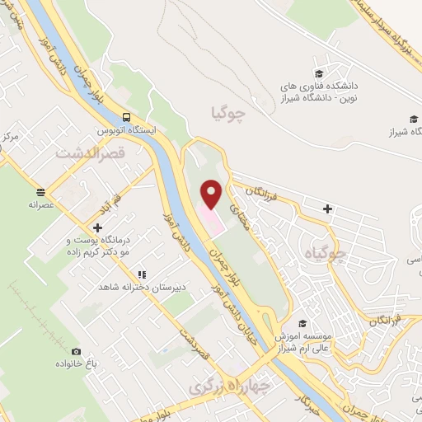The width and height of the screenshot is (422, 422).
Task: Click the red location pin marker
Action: [x=213, y=194]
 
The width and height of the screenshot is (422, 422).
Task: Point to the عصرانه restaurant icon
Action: [x=41, y=190]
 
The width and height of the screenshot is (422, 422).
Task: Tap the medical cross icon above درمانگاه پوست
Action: [x=98, y=227]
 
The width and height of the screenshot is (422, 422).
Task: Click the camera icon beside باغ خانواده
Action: [x=77, y=351]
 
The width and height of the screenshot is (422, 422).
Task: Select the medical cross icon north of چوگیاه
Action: [x=328, y=209]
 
